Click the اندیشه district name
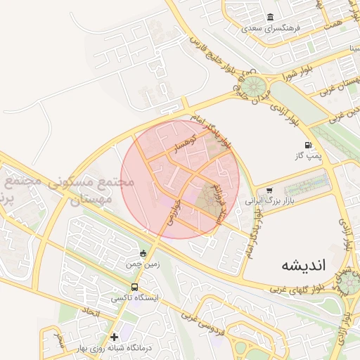(x=304, y=265)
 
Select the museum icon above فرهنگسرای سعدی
(x=271, y=18)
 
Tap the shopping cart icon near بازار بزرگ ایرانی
(x=269, y=191)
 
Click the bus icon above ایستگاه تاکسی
(x=134, y=287)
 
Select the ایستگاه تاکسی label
(x=135, y=298)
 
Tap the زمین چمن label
(x=144, y=264)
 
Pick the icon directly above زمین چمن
(x=144, y=253)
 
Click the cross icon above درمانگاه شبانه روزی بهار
(x=115, y=337)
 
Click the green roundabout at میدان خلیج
(x=257, y=88)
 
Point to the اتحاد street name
(x=92, y=310)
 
